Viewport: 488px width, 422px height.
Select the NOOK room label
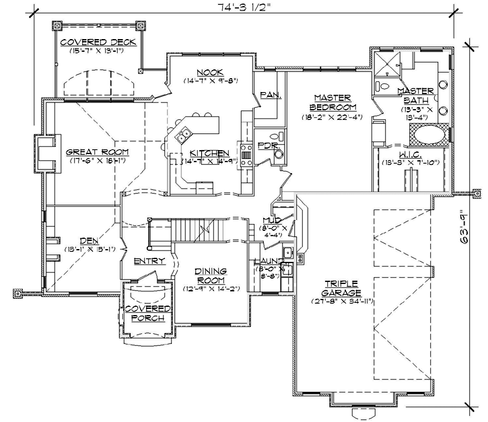(x=211, y=73)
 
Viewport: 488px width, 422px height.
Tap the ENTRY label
(x=149, y=260)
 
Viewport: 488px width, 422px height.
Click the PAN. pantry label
(x=270, y=95)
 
